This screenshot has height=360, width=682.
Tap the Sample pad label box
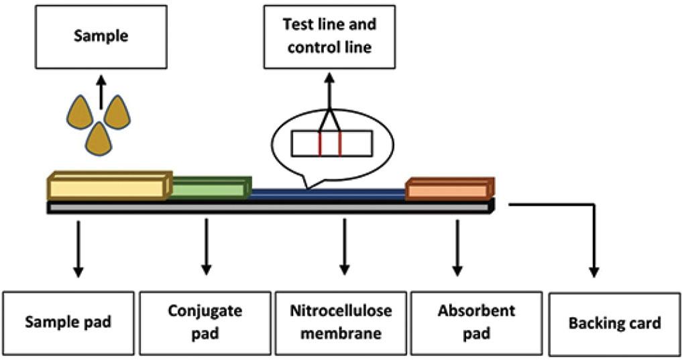coord(68,322)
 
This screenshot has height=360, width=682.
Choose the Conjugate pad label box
coord(206,322)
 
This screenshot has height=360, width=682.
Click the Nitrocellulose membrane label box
coord(341,322)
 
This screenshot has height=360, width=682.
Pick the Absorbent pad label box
coord(476,322)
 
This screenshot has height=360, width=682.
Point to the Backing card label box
coord(614,322)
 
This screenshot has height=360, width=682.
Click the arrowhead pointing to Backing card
coord(593,271)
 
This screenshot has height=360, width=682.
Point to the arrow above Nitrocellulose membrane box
coord(345,247)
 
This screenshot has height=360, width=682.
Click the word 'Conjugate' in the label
coord(206,312)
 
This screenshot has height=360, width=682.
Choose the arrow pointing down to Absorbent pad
coord(457,247)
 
